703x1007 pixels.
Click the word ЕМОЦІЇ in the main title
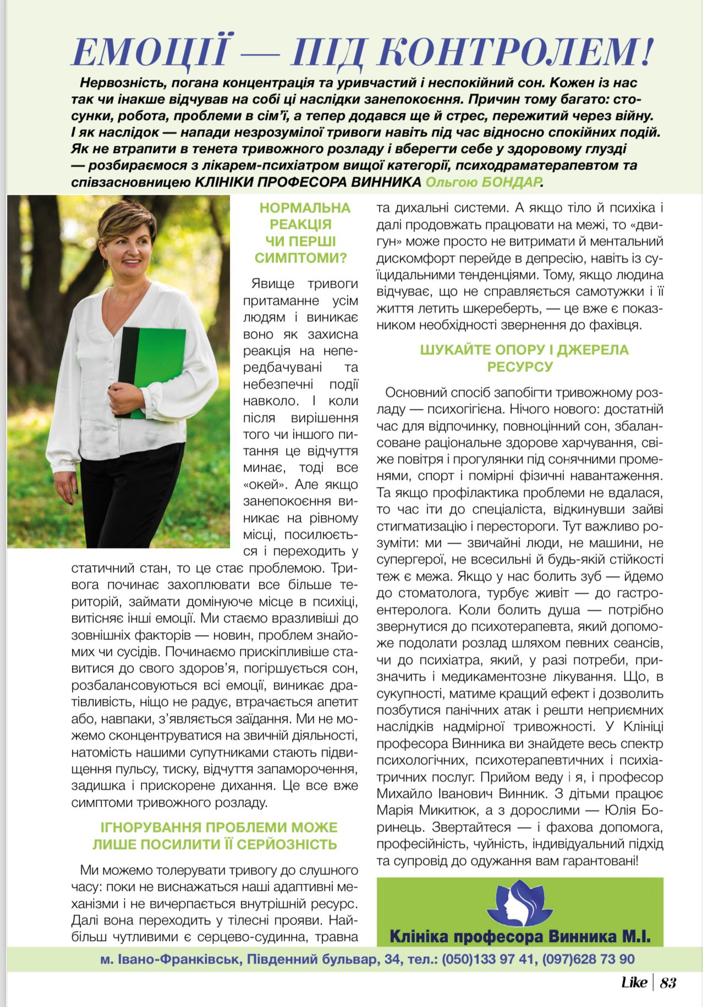pos(150,51)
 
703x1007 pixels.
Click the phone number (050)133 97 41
pos(488,959)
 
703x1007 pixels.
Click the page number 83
pos(668,982)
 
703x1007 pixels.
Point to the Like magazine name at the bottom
pos(634,982)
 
